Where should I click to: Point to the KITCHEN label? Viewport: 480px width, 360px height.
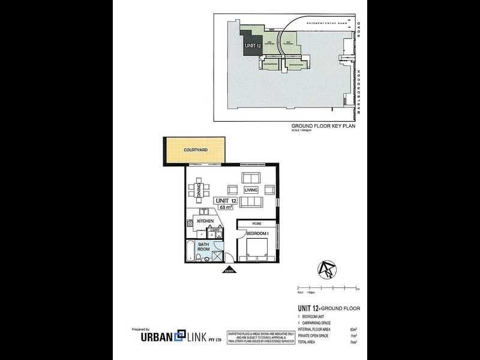[x=206, y=221]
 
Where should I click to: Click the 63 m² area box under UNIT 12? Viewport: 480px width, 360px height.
[x=226, y=208]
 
